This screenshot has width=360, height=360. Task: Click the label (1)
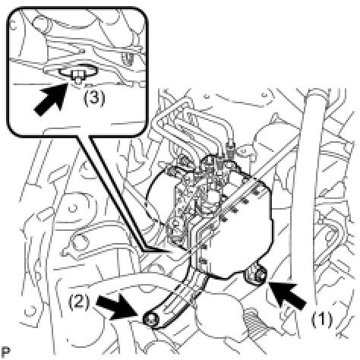pos(322,320)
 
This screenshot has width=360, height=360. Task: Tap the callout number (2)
pos(79,302)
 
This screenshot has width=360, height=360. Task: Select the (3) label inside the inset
pos(94,99)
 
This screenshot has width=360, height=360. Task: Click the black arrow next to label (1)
pos(288,295)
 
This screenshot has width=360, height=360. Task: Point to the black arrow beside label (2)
pos(117,307)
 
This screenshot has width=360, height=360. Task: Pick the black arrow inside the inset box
pos(51,98)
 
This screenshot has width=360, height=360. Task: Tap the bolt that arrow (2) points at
pos(150,320)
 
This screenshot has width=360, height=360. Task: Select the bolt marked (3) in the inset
pos(77,75)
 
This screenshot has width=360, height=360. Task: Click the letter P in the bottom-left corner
pos(7,352)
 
